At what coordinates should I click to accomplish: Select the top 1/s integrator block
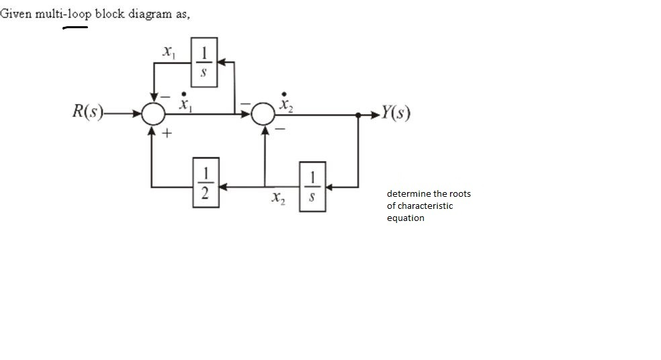point(204,61)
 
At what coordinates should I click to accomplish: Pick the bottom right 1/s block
point(312,186)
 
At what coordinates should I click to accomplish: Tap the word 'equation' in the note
point(405,218)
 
